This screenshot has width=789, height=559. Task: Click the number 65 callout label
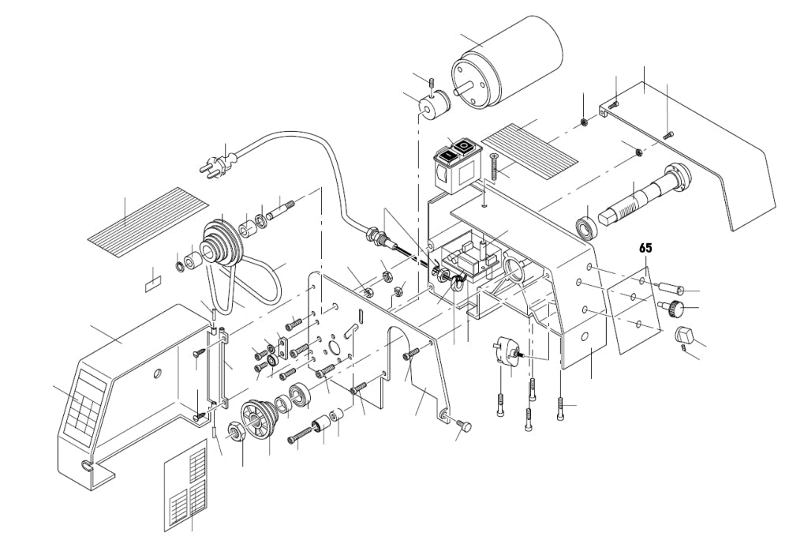[x=645, y=248]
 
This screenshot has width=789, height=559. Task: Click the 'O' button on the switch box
[x=466, y=146]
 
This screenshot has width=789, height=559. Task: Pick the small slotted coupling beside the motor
[x=433, y=104]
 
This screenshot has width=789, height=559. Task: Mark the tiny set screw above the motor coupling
[x=431, y=82]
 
